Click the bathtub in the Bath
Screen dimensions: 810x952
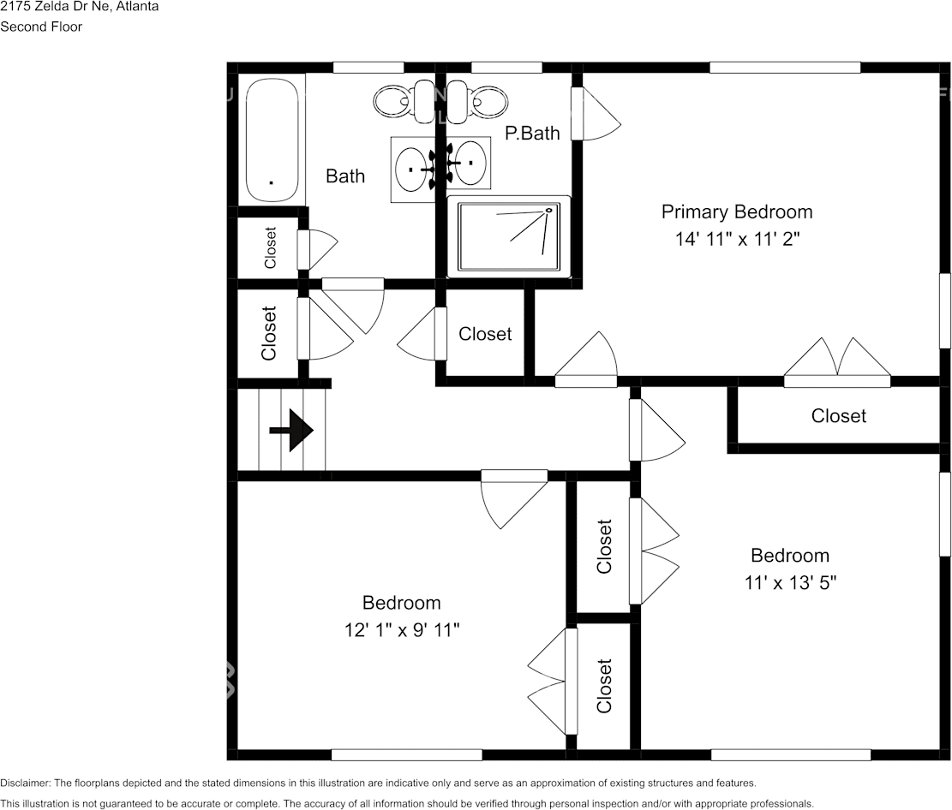pyautogui.click(x=272, y=140)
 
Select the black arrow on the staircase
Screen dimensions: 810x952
pyautogui.click(x=291, y=430)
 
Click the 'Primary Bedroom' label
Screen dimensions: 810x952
pyautogui.click(x=736, y=211)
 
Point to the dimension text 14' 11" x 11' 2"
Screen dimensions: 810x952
pyautogui.click(x=737, y=240)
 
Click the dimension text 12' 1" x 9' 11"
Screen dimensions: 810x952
pyautogui.click(x=401, y=630)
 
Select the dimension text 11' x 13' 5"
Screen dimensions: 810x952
pyautogui.click(x=790, y=583)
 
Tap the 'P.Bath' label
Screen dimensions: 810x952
pyautogui.click(x=532, y=133)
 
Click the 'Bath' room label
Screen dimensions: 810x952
pyautogui.click(x=345, y=176)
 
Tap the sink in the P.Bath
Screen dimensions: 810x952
pyautogui.click(x=470, y=162)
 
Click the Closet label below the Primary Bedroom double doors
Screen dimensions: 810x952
pyautogui.click(x=839, y=416)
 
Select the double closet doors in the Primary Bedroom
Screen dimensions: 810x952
pyautogui.click(x=838, y=360)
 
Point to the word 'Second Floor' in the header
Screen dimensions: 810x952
pyautogui.click(x=41, y=27)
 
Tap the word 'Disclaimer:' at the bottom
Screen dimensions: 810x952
pyautogui.click(x=26, y=783)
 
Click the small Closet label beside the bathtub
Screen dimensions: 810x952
pyautogui.click(x=271, y=248)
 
